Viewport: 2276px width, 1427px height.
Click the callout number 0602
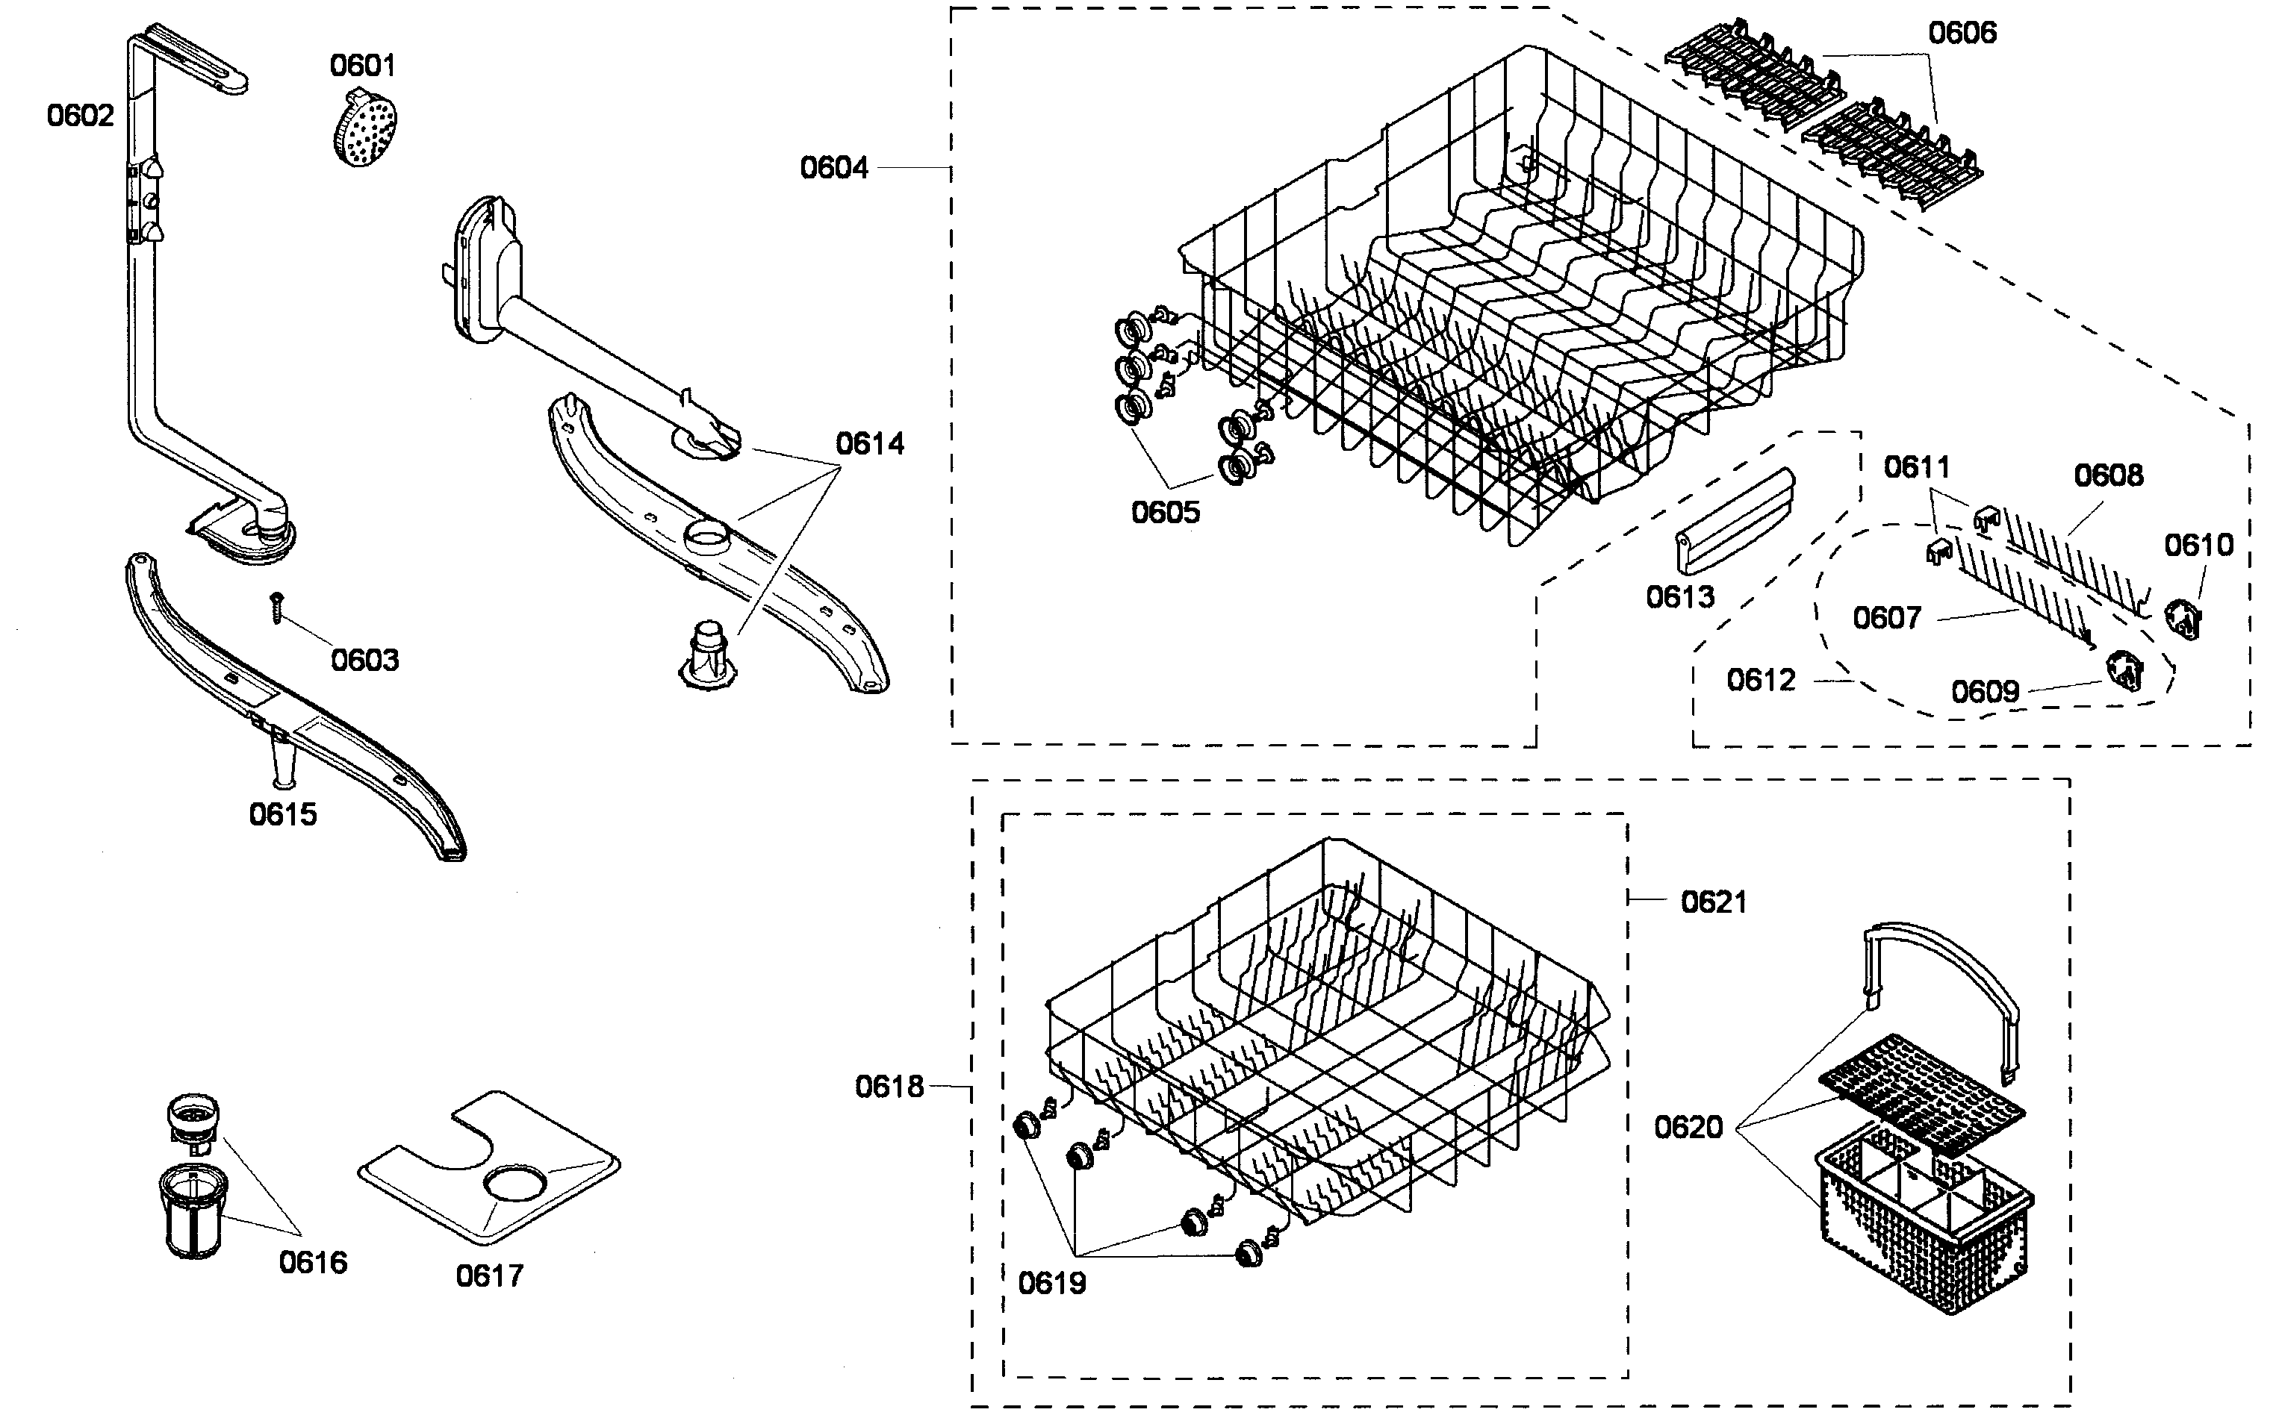pyautogui.click(x=80, y=115)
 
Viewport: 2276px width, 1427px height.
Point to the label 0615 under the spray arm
pyautogui.click(x=282, y=814)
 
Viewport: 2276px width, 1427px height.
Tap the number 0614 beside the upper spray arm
pyautogui.click(x=869, y=443)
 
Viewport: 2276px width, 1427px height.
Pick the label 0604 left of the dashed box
pyautogui.click(x=833, y=168)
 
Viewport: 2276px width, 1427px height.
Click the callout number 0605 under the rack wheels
pyautogui.click(x=1165, y=513)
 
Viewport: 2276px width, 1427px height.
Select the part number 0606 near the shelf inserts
pyautogui.click(x=1962, y=33)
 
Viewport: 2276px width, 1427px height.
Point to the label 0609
pyautogui.click(x=1984, y=692)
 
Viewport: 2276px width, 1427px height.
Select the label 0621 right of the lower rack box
pyautogui.click(x=1714, y=902)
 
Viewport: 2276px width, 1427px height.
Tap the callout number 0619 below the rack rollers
pyautogui.click(x=1051, y=1284)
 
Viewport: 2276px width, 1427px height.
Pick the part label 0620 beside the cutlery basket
pyautogui.click(x=1688, y=1127)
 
